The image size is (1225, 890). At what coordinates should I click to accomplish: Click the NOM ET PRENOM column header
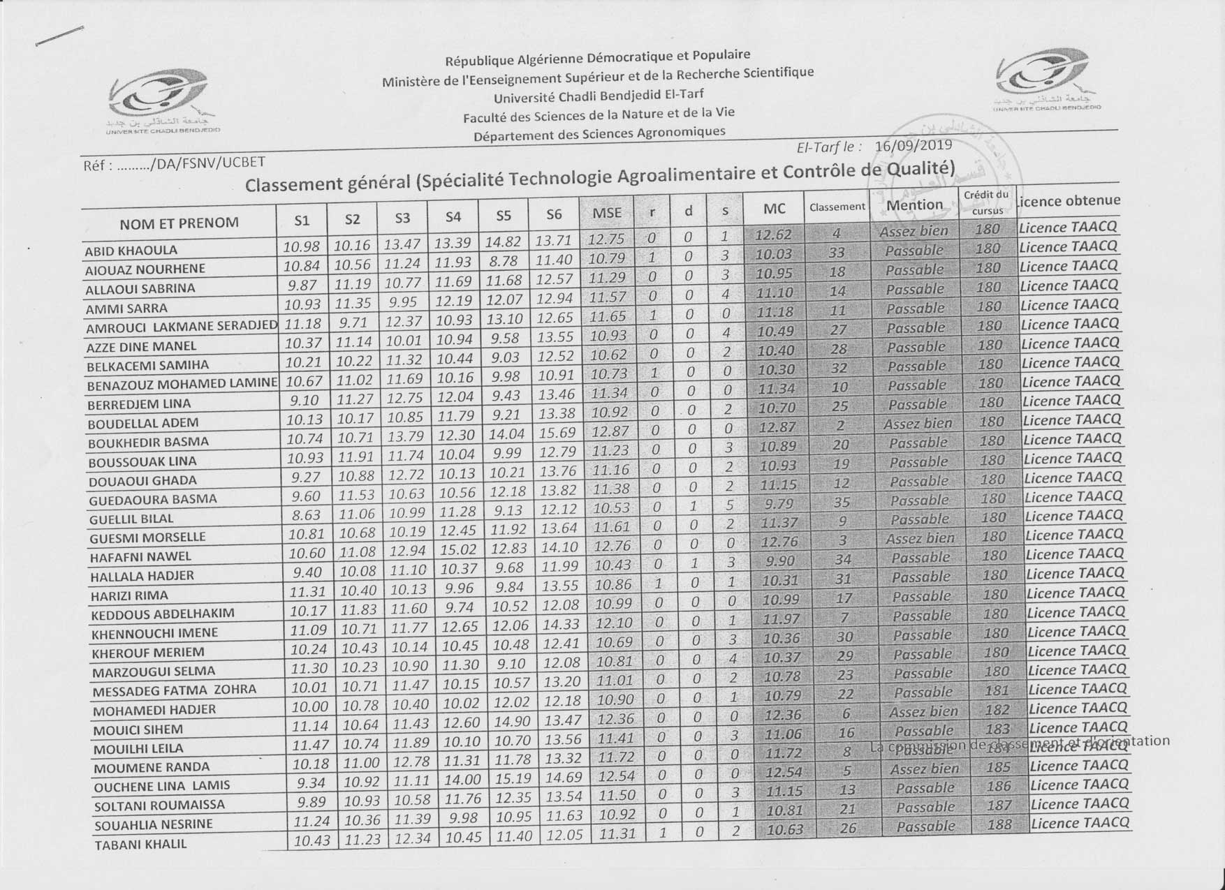179,223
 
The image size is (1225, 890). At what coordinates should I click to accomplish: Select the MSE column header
606,214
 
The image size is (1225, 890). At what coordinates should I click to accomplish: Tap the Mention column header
914,205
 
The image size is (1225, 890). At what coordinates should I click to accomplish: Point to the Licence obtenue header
1069,201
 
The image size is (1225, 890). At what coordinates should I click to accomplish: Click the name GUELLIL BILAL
131,519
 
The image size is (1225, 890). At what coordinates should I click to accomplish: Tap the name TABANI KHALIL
140,844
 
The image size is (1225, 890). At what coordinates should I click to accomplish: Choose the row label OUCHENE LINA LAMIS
162,786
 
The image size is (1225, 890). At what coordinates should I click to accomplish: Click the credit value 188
999,824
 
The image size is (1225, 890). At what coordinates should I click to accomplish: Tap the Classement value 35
842,500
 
